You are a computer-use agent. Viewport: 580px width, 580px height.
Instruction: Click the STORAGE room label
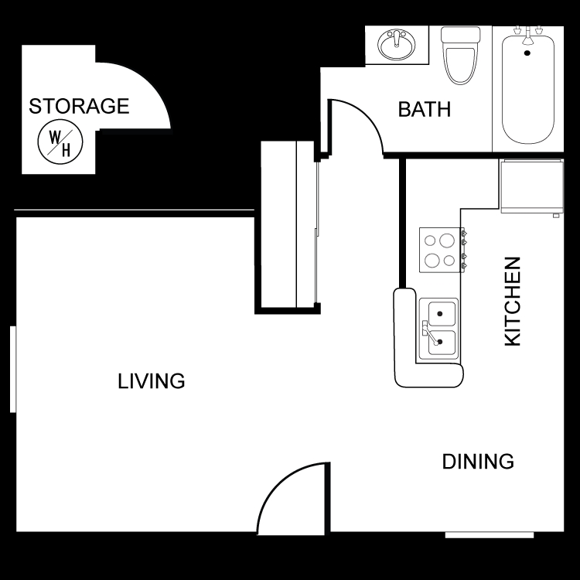click(x=79, y=106)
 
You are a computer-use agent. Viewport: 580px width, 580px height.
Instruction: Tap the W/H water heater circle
click(x=60, y=142)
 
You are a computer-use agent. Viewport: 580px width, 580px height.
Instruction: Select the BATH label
click(x=425, y=110)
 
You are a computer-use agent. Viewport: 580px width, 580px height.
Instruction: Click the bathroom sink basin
click(x=396, y=45)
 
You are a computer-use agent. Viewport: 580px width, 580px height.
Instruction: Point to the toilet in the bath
click(x=461, y=55)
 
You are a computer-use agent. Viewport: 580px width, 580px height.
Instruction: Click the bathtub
click(x=528, y=89)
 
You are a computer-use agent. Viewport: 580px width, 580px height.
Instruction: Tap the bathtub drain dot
click(x=527, y=53)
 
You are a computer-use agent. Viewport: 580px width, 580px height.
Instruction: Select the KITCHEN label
click(x=513, y=302)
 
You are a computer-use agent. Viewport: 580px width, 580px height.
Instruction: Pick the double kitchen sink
click(x=439, y=329)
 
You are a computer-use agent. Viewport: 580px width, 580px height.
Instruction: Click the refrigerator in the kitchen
click(x=532, y=186)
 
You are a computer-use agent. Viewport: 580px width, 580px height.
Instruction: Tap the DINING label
click(x=478, y=462)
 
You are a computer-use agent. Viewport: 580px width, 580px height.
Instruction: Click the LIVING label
click(x=152, y=381)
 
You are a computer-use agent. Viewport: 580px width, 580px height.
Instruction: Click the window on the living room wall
click(x=13, y=369)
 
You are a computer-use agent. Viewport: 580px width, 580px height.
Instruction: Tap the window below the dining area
click(x=490, y=535)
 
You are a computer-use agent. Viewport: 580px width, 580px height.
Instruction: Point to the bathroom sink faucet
click(x=397, y=39)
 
